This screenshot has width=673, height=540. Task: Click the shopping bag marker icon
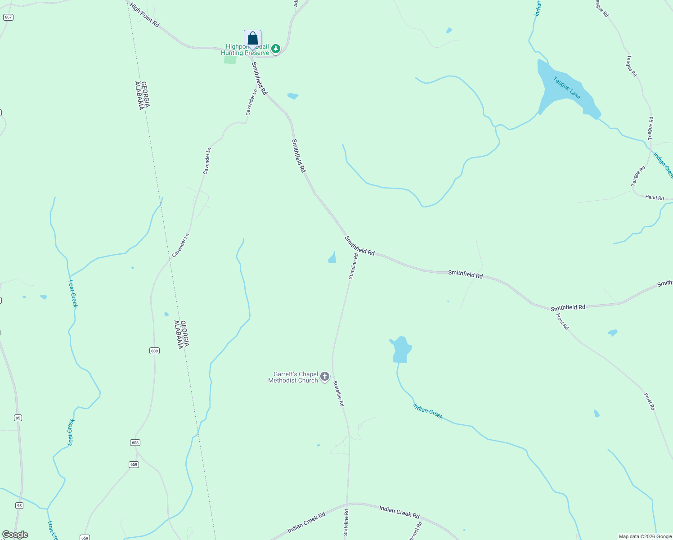click(252, 39)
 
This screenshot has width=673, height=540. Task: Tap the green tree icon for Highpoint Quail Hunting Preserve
click(276, 48)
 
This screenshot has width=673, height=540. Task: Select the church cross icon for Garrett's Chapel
click(325, 377)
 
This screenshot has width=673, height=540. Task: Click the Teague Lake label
click(567, 88)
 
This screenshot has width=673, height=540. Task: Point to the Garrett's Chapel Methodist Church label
click(293, 377)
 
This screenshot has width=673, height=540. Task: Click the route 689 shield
click(154, 351)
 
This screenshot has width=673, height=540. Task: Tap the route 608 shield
click(135, 442)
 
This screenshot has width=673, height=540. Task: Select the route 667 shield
click(8, 17)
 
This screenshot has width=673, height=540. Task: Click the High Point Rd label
click(144, 15)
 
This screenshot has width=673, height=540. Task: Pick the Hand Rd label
click(654, 197)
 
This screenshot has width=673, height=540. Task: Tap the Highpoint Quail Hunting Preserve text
click(245, 50)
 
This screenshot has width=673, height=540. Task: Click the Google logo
click(15, 535)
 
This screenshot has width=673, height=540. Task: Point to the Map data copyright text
click(645, 536)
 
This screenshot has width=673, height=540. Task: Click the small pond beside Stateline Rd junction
click(332, 258)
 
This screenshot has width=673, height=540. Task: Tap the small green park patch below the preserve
click(230, 60)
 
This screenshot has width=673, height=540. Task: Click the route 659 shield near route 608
click(134, 464)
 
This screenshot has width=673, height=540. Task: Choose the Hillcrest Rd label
click(416, 531)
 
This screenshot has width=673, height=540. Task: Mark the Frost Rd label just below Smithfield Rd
click(562, 321)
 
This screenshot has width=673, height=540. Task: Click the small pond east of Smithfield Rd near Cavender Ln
click(292, 96)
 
